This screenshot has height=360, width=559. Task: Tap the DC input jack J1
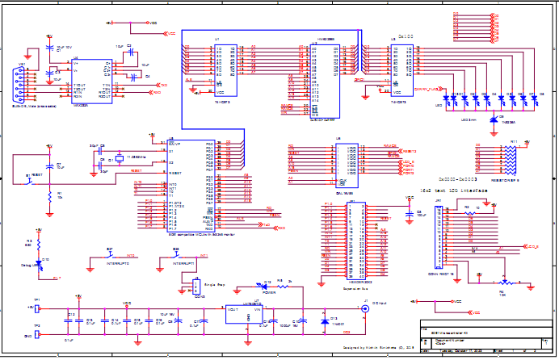pos(365,308)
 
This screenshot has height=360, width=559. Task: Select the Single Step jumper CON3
pos(195,287)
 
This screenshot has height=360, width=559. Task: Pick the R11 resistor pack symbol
pos(510,160)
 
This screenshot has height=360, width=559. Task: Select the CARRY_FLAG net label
pos(425,89)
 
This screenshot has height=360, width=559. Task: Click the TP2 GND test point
pos(38,336)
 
